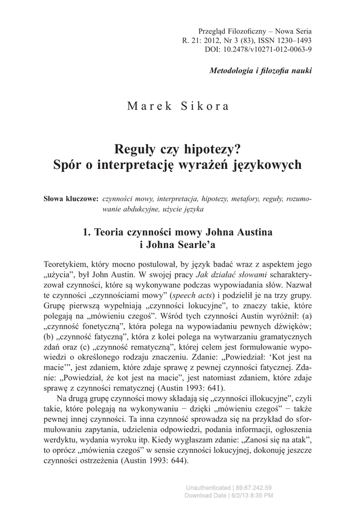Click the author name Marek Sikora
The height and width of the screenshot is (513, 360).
pyautogui.click(x=178, y=106)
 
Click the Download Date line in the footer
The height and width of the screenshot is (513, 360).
pyautogui.click(x=229, y=495)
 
